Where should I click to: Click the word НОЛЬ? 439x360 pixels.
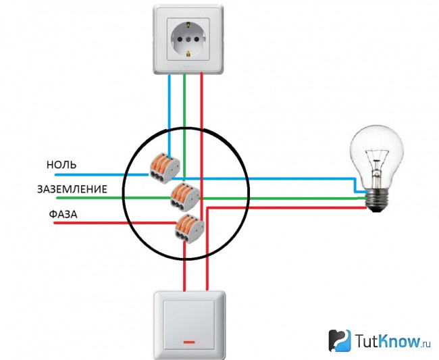point(61,165)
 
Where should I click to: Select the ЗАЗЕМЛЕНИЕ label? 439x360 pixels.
point(72,189)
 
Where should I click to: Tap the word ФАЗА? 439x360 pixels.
point(63,214)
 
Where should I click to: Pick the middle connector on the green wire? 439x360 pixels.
point(185,197)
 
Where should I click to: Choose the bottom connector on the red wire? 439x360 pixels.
point(190,229)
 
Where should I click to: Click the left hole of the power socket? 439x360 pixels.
point(180,38)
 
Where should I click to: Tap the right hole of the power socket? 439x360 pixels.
point(197,38)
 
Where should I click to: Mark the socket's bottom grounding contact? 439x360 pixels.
point(188,53)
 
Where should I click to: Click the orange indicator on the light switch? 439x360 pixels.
point(189,342)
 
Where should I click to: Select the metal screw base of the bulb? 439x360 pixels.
point(378,199)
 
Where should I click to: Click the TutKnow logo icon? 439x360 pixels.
point(340,340)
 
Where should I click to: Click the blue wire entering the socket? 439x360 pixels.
point(169,114)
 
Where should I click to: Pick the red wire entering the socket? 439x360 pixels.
point(201,146)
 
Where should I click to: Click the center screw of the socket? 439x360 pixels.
point(188,38)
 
